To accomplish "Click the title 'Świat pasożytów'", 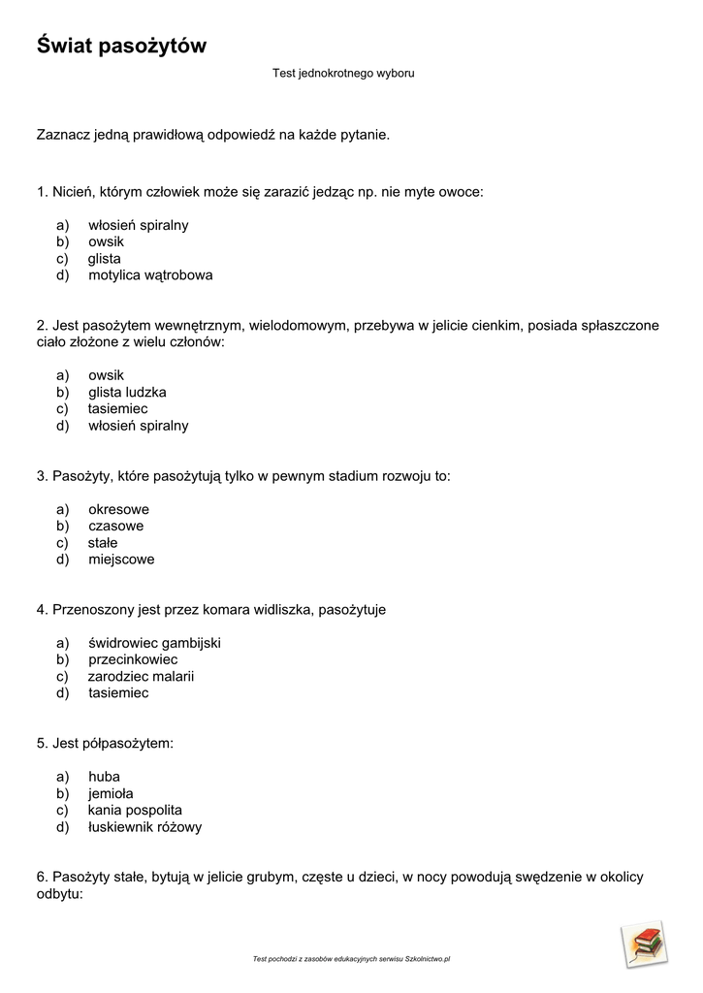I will coord(121,46).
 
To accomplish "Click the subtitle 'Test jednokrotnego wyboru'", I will coord(343,74).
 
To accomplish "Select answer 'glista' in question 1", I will coord(105,259).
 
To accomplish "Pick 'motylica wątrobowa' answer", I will coord(150,275).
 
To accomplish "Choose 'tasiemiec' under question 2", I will coord(117,409).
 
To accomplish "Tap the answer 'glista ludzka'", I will coord(127,393).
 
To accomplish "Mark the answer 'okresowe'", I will coord(118,510).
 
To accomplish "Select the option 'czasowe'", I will coord(115,527).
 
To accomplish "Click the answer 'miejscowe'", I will coord(121,560).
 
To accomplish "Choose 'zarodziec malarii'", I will coord(141,677).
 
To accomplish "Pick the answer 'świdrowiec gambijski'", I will coord(154,643).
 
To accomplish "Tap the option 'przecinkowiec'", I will coord(133,660).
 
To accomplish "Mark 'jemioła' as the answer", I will coord(111,794).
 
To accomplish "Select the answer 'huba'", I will coord(104,777).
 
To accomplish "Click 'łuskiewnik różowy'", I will coord(144,828).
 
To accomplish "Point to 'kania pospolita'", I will coord(135,811).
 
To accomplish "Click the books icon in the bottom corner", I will coord(644,944).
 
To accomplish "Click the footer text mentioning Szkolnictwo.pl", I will coord(351,959).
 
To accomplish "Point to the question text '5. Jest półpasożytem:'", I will coord(105,744).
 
